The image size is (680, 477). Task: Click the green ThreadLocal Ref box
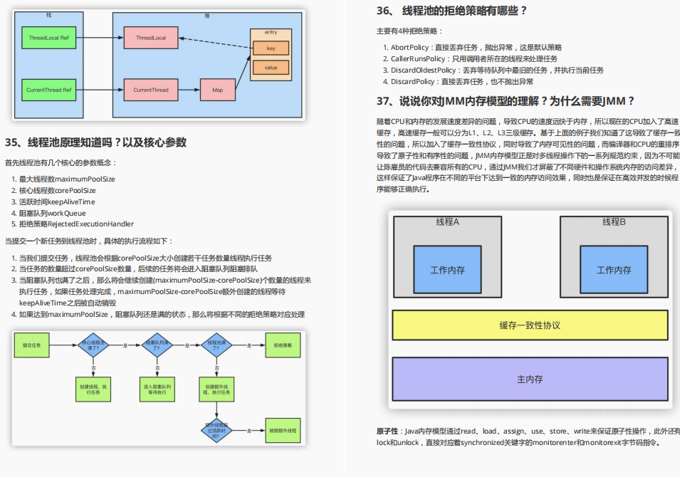pos(48,37)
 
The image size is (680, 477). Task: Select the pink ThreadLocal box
pos(150,37)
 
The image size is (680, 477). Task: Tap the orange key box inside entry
pos(271,48)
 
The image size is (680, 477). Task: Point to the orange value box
pos(271,68)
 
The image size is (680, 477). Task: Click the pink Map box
pos(218,90)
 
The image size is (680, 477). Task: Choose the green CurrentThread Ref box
pos(48,90)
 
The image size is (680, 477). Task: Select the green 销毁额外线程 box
pos(283,431)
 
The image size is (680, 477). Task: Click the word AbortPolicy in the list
pos(409,47)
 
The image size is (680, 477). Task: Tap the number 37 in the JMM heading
pos(385,101)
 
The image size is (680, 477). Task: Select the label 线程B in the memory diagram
pos(614,222)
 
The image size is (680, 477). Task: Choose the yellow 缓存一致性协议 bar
pos(530,325)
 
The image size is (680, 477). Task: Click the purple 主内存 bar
pos(530,379)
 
